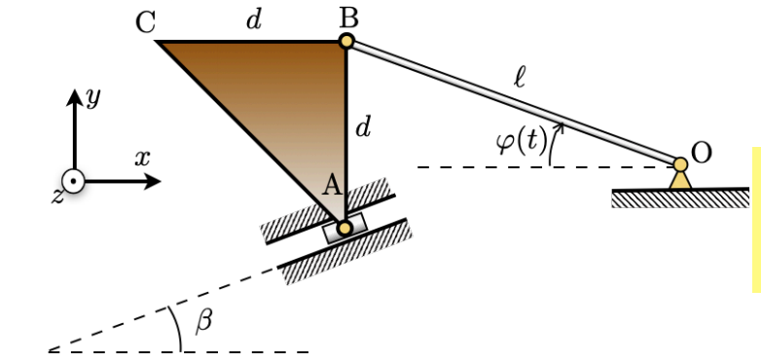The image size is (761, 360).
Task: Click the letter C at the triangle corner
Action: (x=146, y=21)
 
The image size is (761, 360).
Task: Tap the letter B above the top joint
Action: (x=347, y=16)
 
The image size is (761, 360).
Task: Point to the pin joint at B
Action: (x=345, y=41)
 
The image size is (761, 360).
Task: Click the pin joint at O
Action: (x=680, y=164)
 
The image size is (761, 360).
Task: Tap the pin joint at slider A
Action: (x=344, y=228)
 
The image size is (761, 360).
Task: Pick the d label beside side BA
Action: (x=363, y=126)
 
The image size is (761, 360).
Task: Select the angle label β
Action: (x=203, y=322)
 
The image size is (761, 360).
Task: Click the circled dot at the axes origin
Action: (x=73, y=182)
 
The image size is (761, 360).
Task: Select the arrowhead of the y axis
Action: (x=73, y=96)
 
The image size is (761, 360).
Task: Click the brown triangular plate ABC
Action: (x=292, y=97)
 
